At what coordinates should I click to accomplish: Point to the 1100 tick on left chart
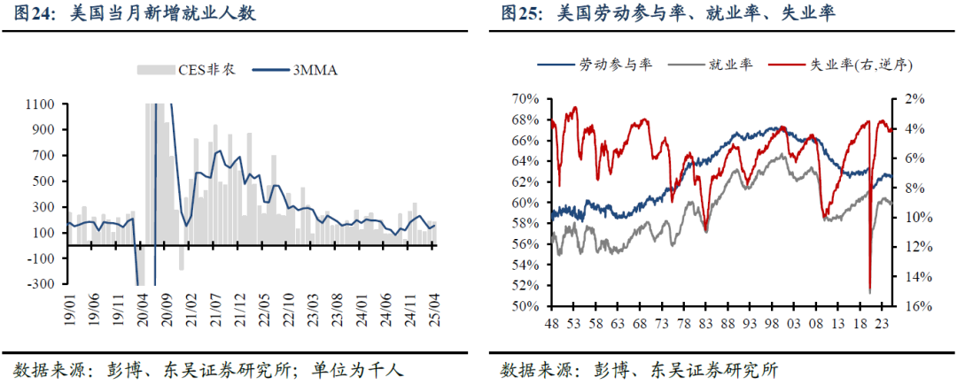(x=42, y=104)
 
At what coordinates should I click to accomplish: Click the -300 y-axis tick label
(x=42, y=284)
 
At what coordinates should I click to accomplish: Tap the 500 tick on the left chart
(x=44, y=181)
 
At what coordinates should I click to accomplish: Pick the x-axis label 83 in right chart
(x=705, y=324)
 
